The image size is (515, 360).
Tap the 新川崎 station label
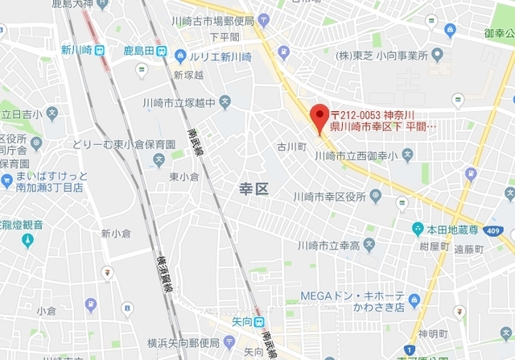pos(76,50)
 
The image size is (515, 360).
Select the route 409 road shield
pos(491,231)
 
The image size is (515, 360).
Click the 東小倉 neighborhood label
pos(184,177)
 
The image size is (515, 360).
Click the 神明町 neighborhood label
pos(432,333)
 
